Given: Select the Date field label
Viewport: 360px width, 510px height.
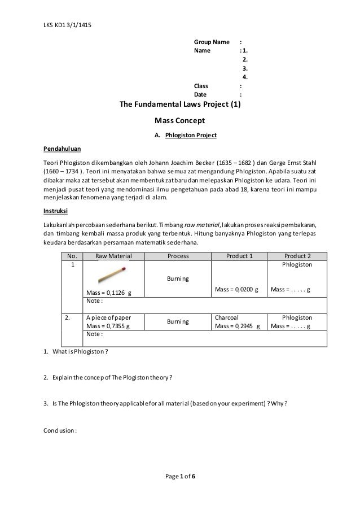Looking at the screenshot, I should click(200, 94).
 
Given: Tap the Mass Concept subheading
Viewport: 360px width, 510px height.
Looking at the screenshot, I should click(179, 120).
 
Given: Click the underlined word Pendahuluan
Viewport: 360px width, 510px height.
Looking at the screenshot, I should click(62, 150).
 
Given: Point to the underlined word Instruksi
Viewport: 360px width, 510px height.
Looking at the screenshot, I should click(56, 211).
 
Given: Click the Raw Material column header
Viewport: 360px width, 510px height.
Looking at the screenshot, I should click(113, 255).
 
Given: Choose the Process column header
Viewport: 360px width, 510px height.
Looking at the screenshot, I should click(179, 255).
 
